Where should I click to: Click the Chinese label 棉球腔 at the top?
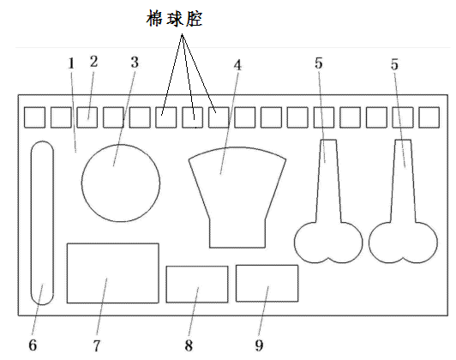pos(174,19)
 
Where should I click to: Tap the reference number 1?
pos(71,63)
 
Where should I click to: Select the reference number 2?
pos(93,62)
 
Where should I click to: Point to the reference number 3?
pos(135,63)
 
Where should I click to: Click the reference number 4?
pos(237,65)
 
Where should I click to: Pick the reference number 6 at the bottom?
pos(33,345)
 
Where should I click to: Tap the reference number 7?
pos(97,345)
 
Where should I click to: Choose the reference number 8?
pos(189,345)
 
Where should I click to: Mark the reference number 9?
pos(259,345)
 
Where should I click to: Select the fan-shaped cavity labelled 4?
pos(237,198)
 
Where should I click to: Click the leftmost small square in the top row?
pos(34,117)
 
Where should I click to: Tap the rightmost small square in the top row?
pos(429,117)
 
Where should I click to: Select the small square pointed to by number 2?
pos(87,117)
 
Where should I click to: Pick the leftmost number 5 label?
pos(319,63)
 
